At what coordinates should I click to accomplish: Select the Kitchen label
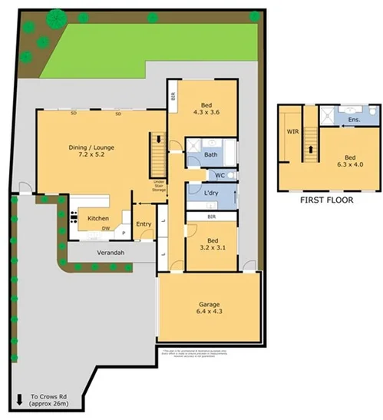click(97, 218)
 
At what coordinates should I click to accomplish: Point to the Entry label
click(144, 223)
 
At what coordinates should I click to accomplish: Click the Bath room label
click(211, 154)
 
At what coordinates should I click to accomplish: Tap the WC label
click(220, 175)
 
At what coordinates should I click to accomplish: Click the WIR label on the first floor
click(292, 131)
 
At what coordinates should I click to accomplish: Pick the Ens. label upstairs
click(353, 121)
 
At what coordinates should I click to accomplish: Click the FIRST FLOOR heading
click(327, 200)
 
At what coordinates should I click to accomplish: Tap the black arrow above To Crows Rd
click(18, 398)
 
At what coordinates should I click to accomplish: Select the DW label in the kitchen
click(106, 228)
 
